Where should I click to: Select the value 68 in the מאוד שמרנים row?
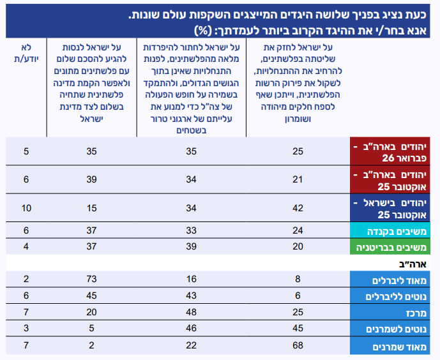point(298,345)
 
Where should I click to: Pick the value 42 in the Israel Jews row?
point(298,207)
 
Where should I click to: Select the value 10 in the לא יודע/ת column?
point(26,207)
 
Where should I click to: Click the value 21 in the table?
point(298,179)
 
